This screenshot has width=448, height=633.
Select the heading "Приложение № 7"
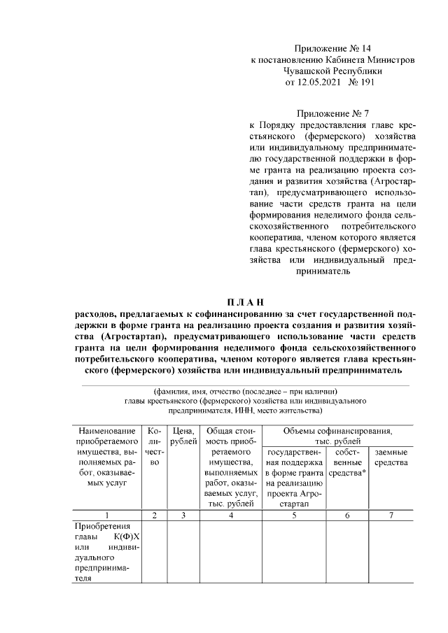pos(332,113)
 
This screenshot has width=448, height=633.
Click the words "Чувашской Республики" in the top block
pos(332,71)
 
